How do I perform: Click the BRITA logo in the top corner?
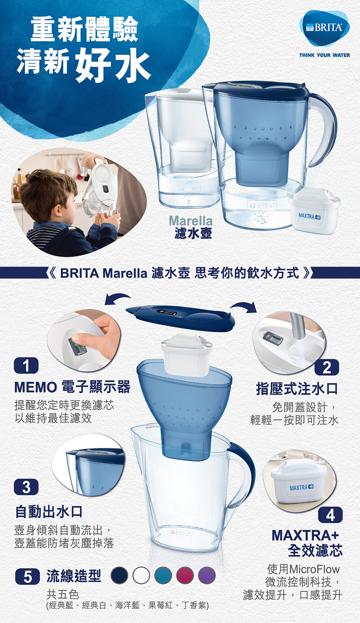pos(324,28)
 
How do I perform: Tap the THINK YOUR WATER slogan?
pos(324,55)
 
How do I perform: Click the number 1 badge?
pos(26,366)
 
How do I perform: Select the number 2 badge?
pos(327,367)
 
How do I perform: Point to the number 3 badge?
pos(26,487)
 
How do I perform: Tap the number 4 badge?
pos(330,515)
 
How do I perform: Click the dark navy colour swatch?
pos(120,575)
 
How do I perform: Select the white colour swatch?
pos(141,575)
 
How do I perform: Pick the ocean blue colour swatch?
pos(163,575)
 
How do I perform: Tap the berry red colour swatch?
pos(185,575)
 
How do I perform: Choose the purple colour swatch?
pos(207,575)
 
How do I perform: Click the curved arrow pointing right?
pos(245,305)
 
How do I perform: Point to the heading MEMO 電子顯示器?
pos(72,387)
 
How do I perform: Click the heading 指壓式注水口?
pos(297,389)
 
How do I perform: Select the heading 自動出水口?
pos(49,511)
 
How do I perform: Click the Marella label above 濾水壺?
pos(190,220)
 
